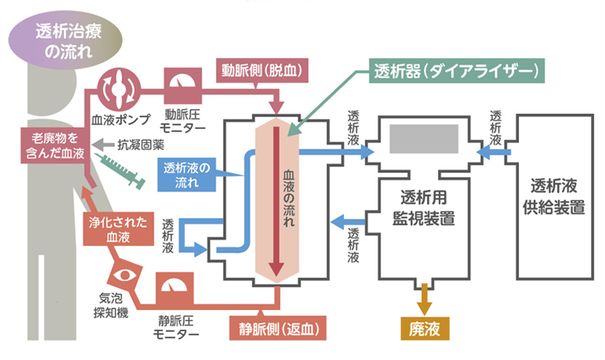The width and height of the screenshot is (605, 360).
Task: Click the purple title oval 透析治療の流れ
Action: (x=66, y=40)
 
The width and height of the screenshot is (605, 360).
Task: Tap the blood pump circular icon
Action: (x=118, y=90)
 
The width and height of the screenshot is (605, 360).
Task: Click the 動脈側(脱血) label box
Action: (x=262, y=70)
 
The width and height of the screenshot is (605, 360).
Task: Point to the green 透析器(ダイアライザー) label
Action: (x=457, y=71)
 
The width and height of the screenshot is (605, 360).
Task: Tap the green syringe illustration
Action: (x=121, y=171)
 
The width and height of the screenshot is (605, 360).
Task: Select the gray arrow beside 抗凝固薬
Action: (x=103, y=145)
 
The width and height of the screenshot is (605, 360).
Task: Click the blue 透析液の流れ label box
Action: (x=187, y=174)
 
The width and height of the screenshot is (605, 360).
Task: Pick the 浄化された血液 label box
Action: (x=118, y=229)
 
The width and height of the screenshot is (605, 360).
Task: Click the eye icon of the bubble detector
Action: (x=124, y=275)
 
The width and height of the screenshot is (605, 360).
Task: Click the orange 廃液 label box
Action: (x=425, y=328)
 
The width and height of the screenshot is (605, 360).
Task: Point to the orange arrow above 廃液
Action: (x=425, y=300)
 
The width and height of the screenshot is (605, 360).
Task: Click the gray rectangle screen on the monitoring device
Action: (x=424, y=139)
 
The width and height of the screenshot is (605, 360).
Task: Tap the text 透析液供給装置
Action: (x=554, y=197)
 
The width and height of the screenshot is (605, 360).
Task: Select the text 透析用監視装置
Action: (x=424, y=208)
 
